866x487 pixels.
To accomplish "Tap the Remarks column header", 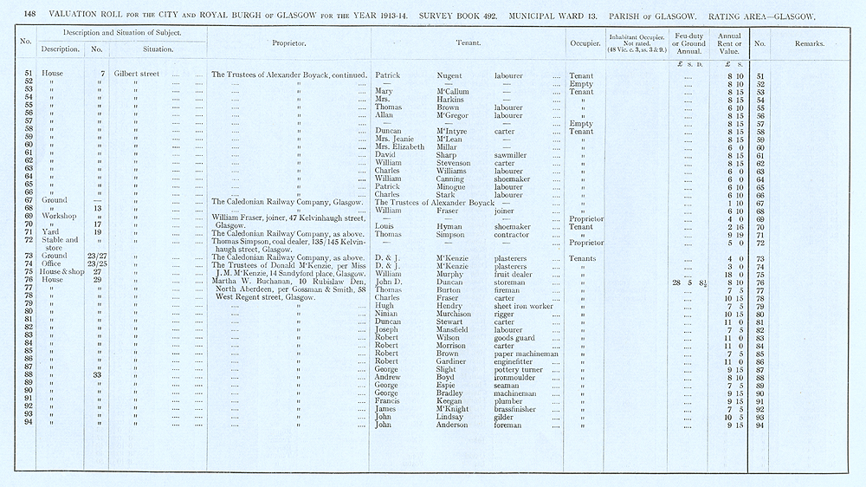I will [811, 42].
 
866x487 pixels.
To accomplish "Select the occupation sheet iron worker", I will [522, 306].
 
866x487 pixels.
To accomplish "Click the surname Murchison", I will [459, 314].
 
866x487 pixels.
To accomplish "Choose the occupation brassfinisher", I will [517, 409].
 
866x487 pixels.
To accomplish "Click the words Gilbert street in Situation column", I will [137, 76].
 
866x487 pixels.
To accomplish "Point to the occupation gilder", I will [505, 417].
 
